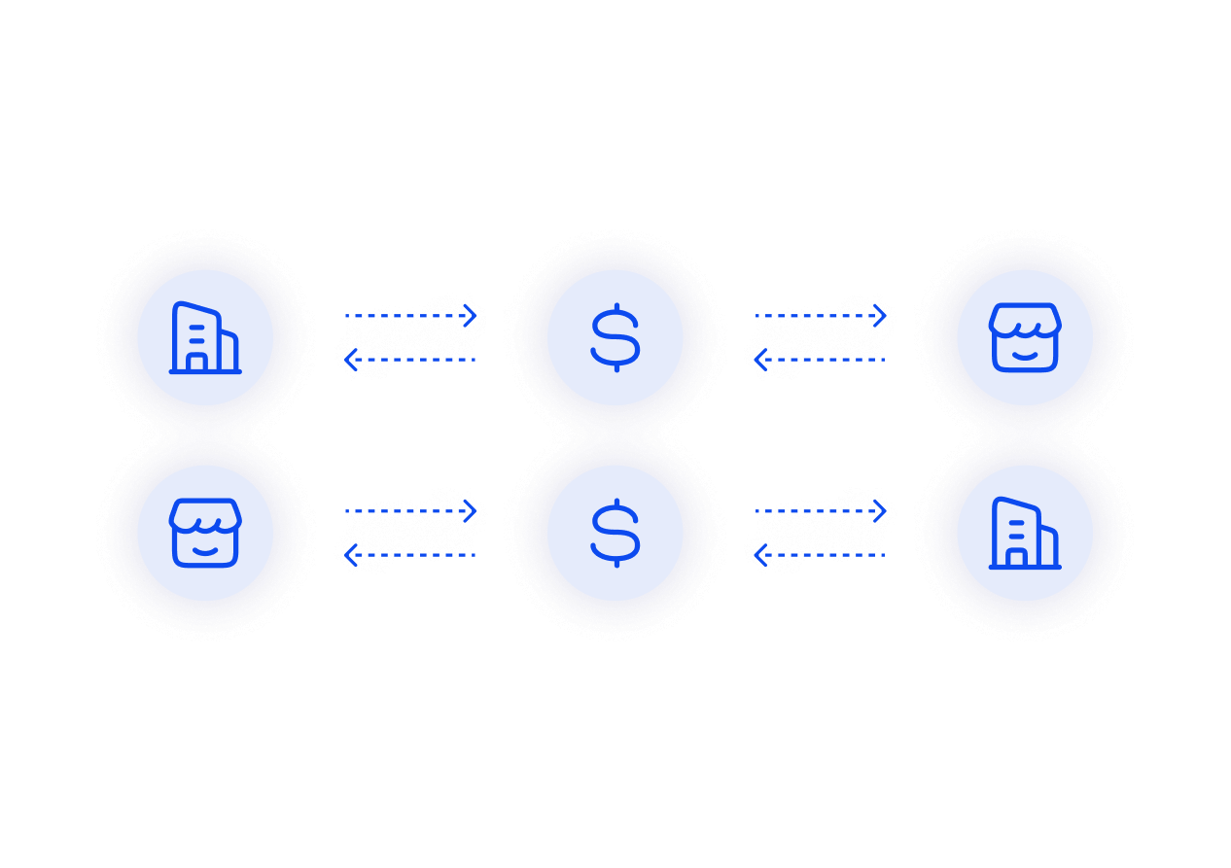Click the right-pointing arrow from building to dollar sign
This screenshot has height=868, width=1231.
411,316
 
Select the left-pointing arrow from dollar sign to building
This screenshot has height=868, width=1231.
409,360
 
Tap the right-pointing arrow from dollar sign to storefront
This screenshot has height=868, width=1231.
822,316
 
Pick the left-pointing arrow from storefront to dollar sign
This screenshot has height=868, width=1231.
820,360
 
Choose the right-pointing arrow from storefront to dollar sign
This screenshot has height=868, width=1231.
411,511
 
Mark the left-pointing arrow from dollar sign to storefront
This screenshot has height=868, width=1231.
409,555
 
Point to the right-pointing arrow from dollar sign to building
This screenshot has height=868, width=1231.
822,511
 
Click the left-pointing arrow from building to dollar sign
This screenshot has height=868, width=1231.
820,555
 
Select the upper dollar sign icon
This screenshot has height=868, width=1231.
615,337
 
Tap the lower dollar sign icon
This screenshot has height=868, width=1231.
615,533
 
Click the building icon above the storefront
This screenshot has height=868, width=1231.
204,337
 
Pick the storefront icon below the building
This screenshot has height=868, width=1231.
204,533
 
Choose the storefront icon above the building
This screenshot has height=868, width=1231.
1025,337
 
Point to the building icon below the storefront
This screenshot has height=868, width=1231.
1025,533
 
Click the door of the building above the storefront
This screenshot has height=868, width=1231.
196,363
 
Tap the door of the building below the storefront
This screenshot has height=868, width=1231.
1016,558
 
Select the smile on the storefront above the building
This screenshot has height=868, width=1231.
1025,356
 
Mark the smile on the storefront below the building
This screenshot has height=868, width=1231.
204,551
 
